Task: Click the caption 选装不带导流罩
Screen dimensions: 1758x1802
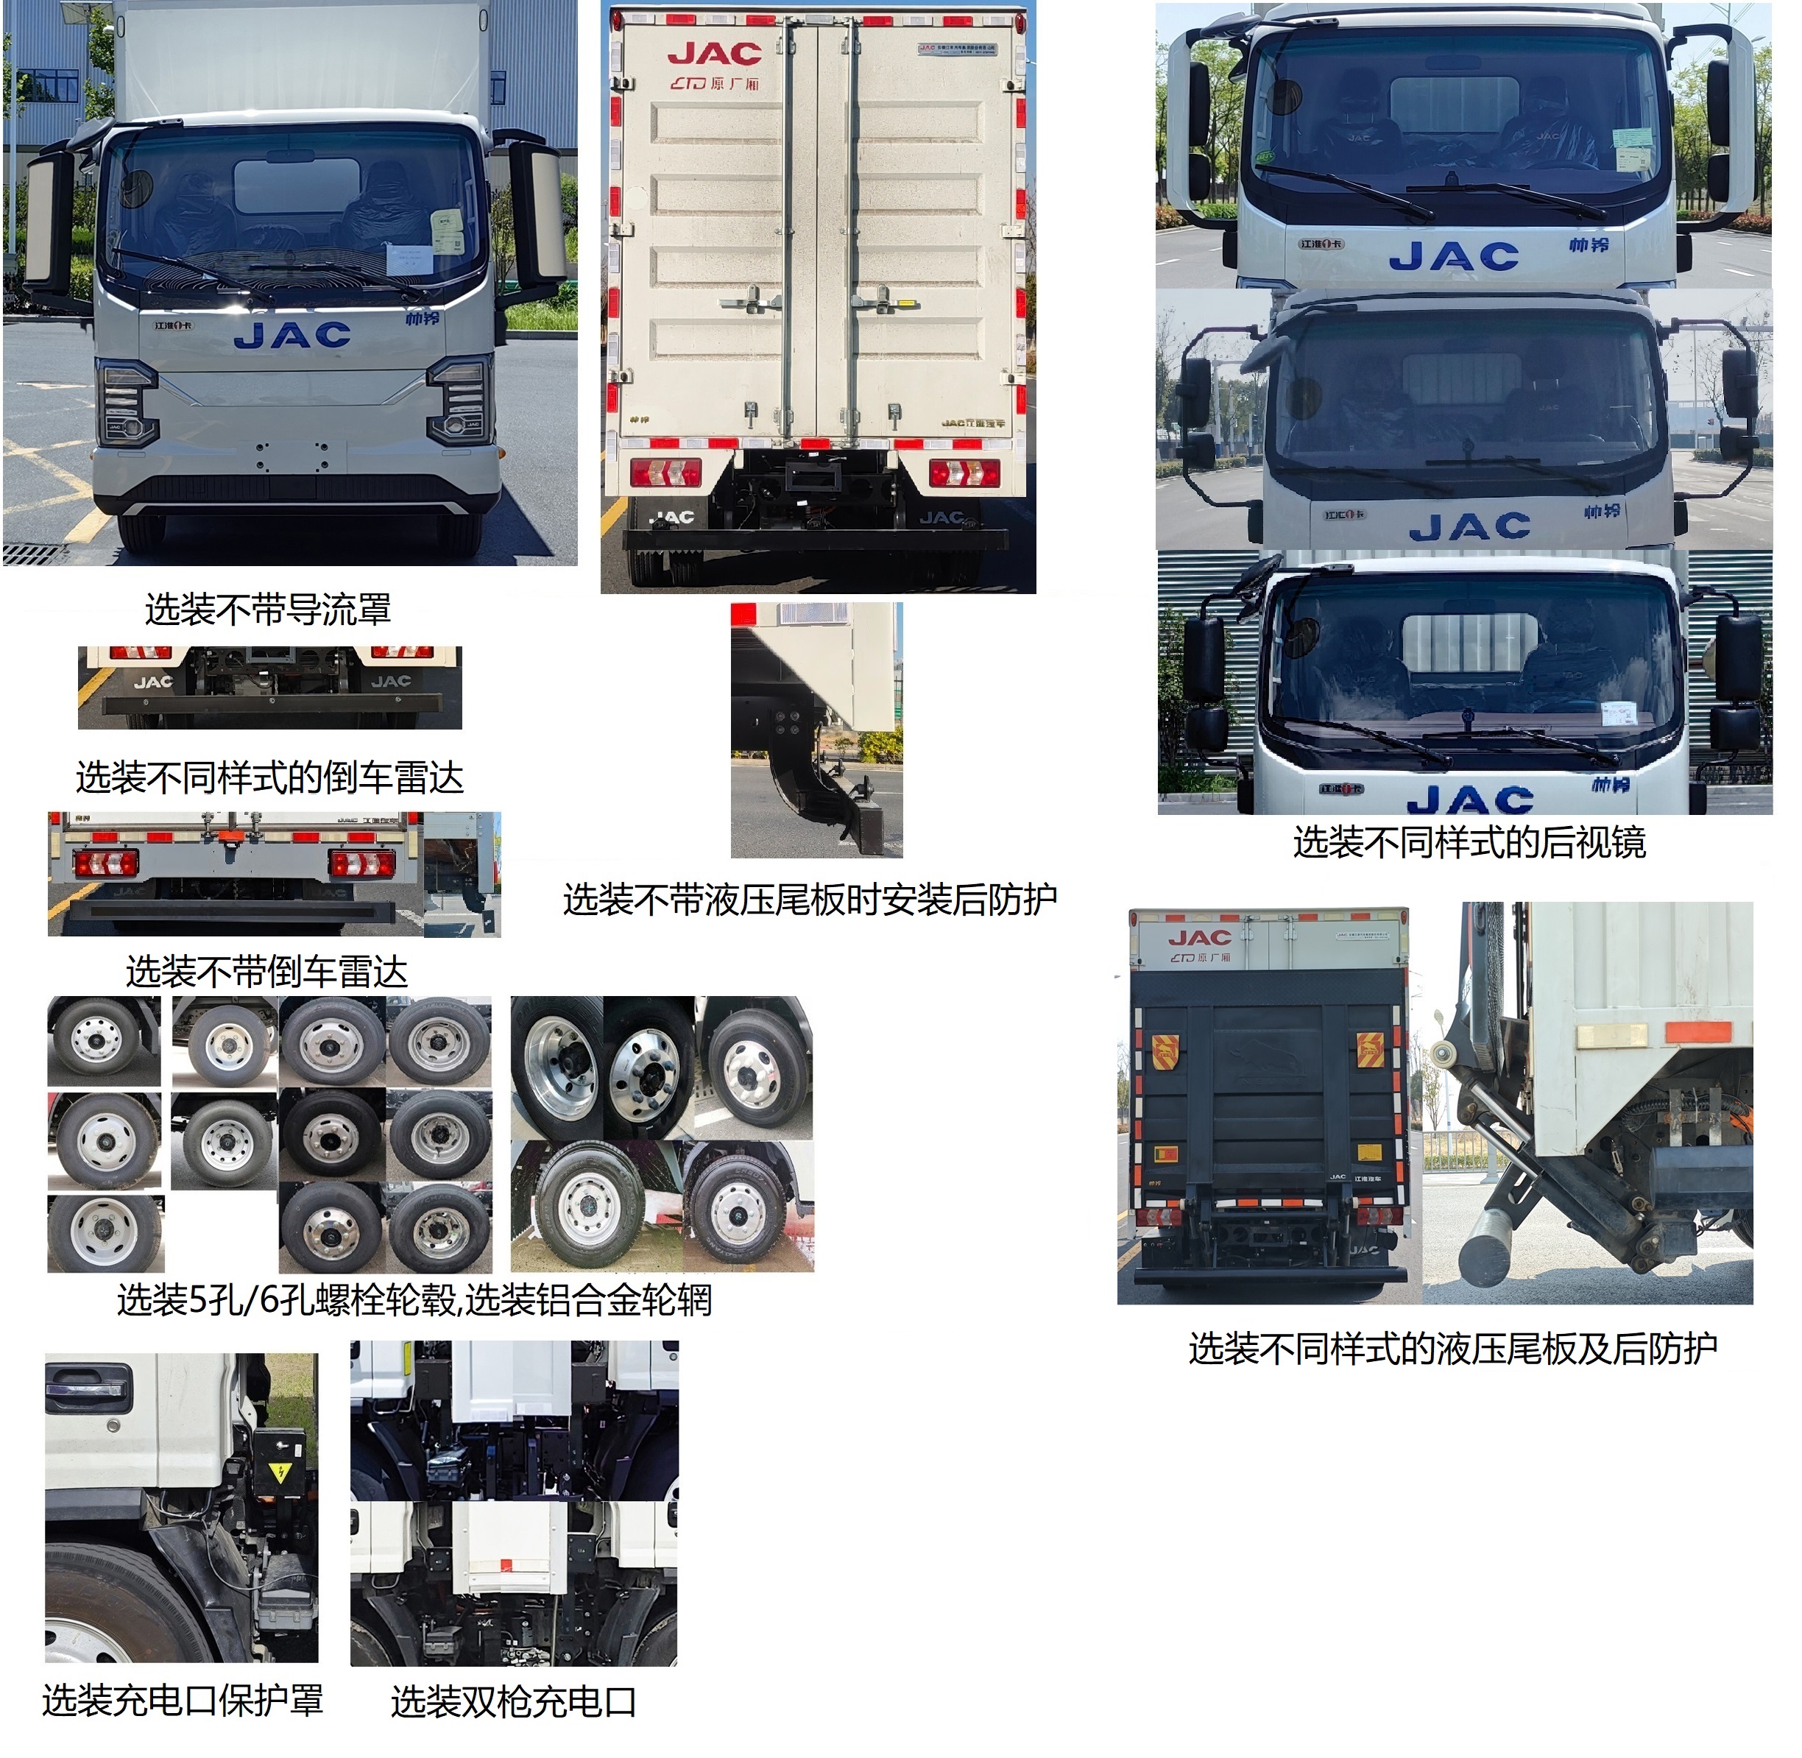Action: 268,610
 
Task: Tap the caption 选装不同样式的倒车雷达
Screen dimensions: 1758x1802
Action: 269,778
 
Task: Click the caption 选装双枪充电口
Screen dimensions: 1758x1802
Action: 513,1701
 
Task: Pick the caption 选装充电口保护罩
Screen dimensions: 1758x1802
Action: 183,1700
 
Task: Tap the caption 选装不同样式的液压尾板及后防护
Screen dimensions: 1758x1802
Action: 1452,1349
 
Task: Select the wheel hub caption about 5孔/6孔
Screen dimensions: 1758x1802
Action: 414,1300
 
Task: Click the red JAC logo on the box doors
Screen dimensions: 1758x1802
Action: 715,54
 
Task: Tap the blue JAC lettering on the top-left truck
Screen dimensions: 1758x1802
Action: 293,335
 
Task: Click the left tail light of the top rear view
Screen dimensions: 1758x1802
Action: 665,472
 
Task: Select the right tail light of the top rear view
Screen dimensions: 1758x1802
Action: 964,472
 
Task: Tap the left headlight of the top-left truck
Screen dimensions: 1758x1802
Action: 127,403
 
